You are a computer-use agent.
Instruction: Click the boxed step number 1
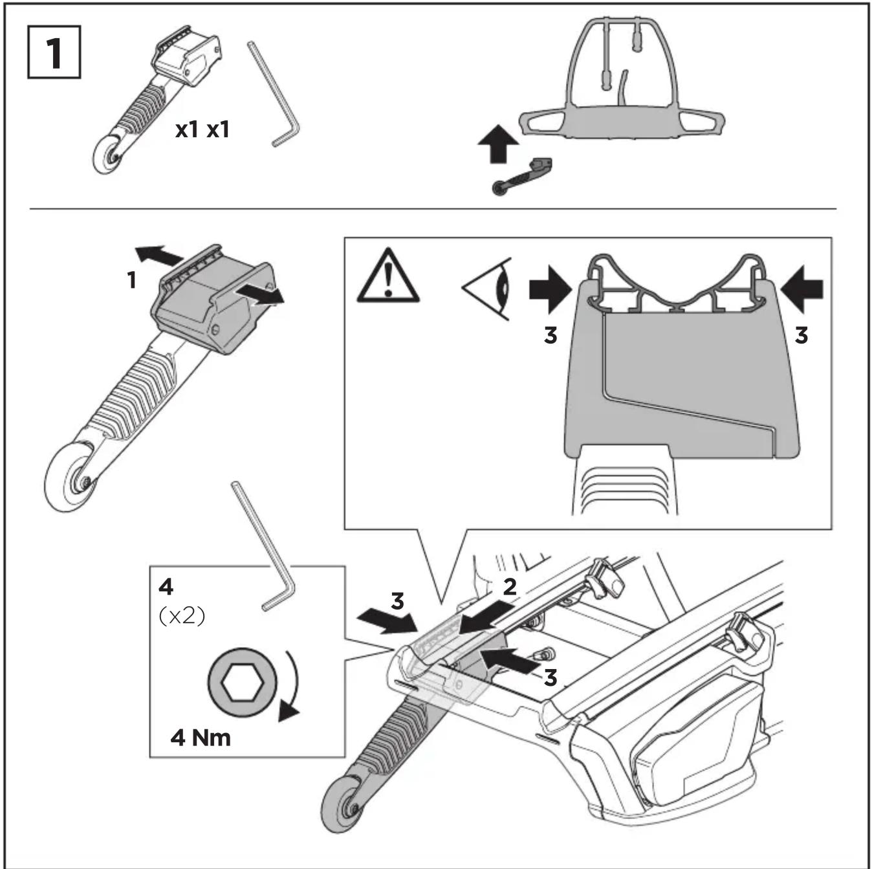pyautogui.click(x=54, y=52)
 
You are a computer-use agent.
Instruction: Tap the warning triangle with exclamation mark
pyautogui.click(x=387, y=276)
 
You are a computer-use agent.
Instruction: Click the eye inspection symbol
pyautogui.click(x=487, y=289)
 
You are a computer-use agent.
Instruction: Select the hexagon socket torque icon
pyautogui.click(x=242, y=683)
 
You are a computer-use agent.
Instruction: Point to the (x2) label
pyautogui.click(x=182, y=616)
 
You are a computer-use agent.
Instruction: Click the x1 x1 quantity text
pyautogui.click(x=202, y=130)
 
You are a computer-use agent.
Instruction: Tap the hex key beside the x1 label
pyautogui.click(x=274, y=94)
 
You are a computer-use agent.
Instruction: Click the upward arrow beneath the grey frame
pyautogui.click(x=498, y=144)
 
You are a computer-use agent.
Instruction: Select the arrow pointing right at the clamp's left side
pyautogui.click(x=550, y=289)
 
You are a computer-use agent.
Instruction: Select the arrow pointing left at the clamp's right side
pyautogui.click(x=802, y=289)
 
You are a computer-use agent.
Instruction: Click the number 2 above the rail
pyautogui.click(x=510, y=587)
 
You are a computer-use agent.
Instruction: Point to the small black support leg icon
pyautogui.click(x=522, y=177)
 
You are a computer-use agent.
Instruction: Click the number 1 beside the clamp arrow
pyautogui.click(x=132, y=280)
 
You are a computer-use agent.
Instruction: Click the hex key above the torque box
pyautogui.click(x=263, y=546)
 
